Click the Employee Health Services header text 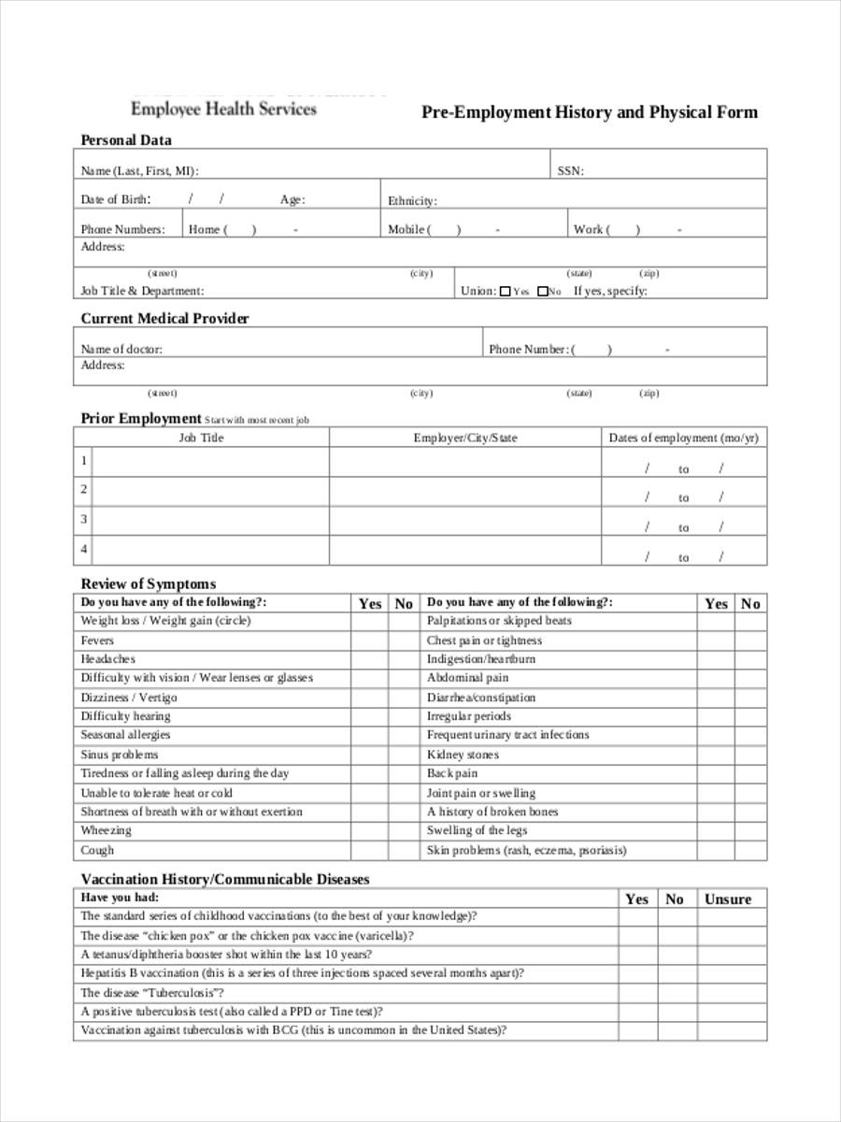click(x=223, y=108)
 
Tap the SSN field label click(x=570, y=171)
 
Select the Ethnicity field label click(x=412, y=201)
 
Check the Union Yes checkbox click(x=506, y=292)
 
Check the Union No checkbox click(x=542, y=292)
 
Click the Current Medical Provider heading click(x=164, y=319)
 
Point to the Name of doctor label click(x=121, y=349)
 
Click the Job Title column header click(x=201, y=438)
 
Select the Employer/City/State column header click(x=464, y=438)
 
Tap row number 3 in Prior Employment click(x=84, y=519)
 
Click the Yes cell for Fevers click(x=369, y=640)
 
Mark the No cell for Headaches click(x=403, y=659)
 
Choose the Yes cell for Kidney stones click(x=715, y=755)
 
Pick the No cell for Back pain click(x=750, y=773)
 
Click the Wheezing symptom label click(x=106, y=830)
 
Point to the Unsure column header click(x=728, y=899)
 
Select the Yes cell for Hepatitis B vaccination click(x=636, y=973)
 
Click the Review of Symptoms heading click(x=148, y=584)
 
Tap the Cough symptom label click(x=97, y=850)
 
